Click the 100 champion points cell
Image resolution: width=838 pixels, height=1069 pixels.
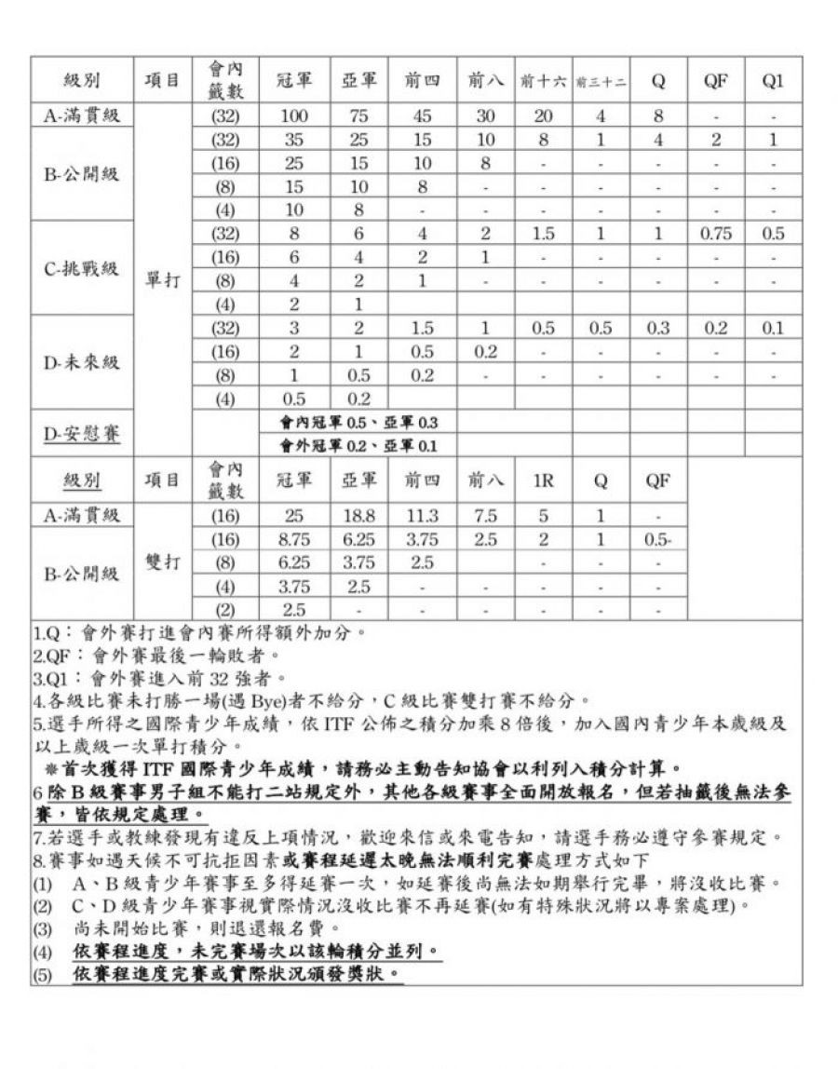click(x=293, y=116)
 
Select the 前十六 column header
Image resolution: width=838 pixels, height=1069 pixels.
click(x=544, y=82)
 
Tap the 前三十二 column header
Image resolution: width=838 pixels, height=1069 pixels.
click(x=601, y=82)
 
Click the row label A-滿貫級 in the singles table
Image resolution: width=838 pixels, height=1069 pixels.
click(x=82, y=116)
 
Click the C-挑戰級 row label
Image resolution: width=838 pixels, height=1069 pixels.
click(x=82, y=269)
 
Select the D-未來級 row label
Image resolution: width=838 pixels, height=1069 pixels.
click(x=82, y=363)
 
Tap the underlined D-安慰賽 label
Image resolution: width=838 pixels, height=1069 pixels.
click(x=82, y=434)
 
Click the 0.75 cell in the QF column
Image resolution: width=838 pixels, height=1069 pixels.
click(x=715, y=234)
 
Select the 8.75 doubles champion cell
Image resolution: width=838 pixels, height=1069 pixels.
click(x=293, y=540)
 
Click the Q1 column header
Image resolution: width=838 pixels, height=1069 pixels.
click(x=773, y=82)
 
